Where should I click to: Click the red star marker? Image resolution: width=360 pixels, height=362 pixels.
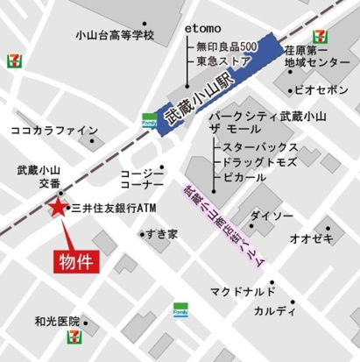58,209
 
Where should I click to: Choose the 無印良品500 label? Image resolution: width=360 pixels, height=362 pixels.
227,46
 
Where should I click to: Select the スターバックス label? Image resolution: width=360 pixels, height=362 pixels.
260,146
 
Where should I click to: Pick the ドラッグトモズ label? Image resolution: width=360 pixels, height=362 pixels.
261,162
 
